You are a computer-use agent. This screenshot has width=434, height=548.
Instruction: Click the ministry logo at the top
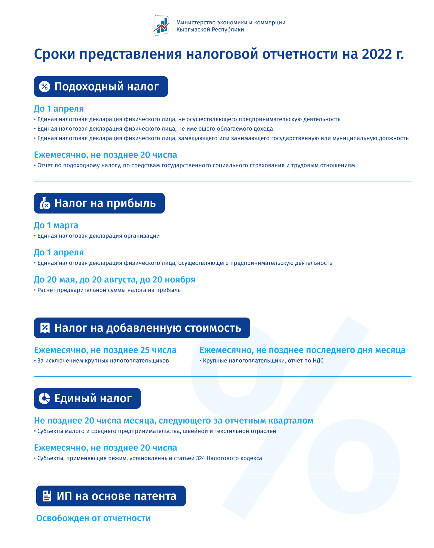pos(161,25)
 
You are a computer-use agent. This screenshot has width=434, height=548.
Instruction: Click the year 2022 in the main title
pos(377,54)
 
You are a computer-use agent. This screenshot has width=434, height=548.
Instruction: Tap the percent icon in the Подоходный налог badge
pos(44,87)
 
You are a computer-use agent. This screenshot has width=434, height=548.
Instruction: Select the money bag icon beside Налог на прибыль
pos(45,203)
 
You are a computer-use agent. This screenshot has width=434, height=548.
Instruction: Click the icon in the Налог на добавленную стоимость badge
pos(45,328)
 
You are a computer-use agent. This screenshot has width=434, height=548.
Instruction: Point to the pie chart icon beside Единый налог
pos(44,398)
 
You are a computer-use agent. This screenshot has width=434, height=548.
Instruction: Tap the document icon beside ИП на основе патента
pos(47,496)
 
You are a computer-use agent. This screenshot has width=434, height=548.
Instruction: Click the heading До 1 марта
pos(56,225)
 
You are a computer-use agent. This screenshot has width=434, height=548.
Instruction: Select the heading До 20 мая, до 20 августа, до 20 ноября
pos(114,279)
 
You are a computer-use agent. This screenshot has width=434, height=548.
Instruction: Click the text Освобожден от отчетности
pos(93,518)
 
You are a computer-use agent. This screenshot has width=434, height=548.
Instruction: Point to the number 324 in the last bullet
pos(200,458)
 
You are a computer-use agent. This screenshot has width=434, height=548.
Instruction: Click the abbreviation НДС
pos(318,361)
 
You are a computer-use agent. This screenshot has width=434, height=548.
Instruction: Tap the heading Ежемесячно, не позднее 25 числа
pos(105,350)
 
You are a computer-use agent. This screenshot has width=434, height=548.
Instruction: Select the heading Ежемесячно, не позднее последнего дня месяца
pos(302,350)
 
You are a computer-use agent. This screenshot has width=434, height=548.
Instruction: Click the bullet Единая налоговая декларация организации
pos(98,236)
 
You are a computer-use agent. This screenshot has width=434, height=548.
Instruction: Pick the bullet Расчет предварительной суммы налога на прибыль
pos(109,290)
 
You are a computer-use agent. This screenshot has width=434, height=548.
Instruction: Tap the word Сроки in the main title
pos(55,54)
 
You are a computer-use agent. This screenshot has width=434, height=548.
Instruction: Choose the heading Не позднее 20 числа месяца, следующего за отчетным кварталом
pos(174,420)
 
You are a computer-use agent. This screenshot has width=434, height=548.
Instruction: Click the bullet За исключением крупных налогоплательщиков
pos(103,361)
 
